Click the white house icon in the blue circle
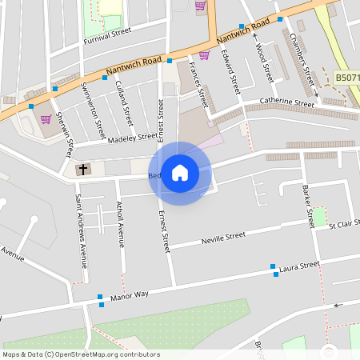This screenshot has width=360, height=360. click(x=180, y=173)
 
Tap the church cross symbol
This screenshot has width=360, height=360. click(x=82, y=170)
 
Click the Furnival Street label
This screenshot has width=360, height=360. click(x=106, y=33)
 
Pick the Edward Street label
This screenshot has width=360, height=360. click(x=233, y=71)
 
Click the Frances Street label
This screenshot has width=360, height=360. click(x=198, y=87)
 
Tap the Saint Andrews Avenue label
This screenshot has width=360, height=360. click(x=80, y=230)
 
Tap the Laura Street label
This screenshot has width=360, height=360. click(x=300, y=265)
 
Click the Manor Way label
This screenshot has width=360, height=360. click(x=130, y=295)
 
